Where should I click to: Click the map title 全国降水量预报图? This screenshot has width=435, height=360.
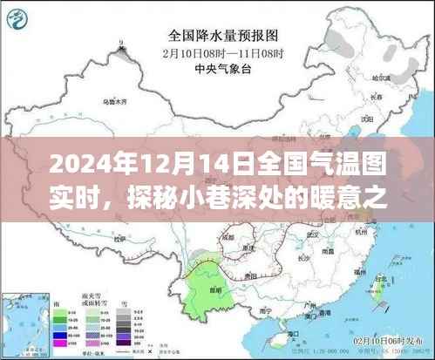[216, 37]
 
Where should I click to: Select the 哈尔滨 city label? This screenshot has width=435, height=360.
[378, 77]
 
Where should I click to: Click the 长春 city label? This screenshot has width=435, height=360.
[375, 97]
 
